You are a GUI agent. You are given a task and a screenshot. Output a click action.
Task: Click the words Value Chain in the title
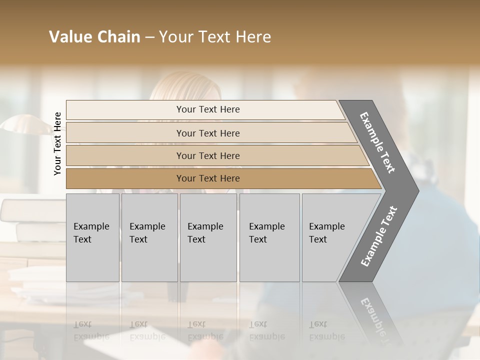94,37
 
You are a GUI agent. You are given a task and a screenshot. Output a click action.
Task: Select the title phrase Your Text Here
215,37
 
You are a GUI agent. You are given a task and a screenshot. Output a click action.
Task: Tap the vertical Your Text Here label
57,143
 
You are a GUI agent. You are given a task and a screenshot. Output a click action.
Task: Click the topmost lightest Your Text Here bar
207,109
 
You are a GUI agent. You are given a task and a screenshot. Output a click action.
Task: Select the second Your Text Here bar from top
207,133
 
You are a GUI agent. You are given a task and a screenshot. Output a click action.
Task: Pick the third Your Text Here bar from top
207,156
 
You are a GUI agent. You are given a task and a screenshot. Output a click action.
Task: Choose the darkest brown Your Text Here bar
207,178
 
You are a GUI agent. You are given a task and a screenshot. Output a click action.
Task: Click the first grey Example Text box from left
92,237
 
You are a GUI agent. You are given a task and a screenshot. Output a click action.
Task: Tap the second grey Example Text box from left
149,237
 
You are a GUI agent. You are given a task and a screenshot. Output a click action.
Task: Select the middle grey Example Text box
208,237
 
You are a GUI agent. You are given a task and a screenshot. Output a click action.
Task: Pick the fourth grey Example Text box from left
269,237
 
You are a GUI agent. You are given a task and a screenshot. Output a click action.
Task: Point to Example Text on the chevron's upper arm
377,142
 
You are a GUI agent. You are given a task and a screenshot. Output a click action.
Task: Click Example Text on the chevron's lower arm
378,236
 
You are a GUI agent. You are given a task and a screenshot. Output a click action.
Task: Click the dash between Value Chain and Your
149,37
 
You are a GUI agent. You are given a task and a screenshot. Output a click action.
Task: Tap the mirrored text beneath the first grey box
91,330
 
